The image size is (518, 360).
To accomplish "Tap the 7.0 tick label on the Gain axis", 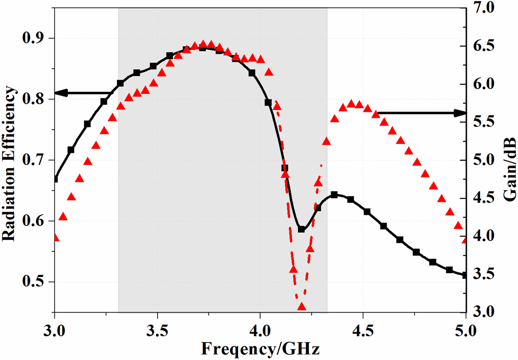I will pyautogui.click(x=485, y=7).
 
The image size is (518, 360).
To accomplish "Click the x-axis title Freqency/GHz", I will pyautogui.click(x=260, y=349).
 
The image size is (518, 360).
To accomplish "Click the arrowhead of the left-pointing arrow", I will pyautogui.click(x=60, y=93).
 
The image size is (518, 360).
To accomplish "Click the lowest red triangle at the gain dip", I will pyautogui.click(x=302, y=307).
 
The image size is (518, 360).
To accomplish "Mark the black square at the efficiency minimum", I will pyautogui.click(x=301, y=229).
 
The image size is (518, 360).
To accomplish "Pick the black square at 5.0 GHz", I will pyautogui.click(x=465, y=275).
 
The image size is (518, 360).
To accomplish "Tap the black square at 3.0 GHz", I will pyautogui.click(x=55, y=179).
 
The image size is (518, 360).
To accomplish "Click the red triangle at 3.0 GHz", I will pyautogui.click(x=55, y=238).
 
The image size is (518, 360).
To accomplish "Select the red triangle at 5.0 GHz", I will pyautogui.click(x=465, y=240).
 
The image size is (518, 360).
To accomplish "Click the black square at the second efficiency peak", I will pyautogui.click(x=334, y=195).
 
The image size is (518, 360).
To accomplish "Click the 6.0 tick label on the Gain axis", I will pyautogui.click(x=485, y=84).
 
